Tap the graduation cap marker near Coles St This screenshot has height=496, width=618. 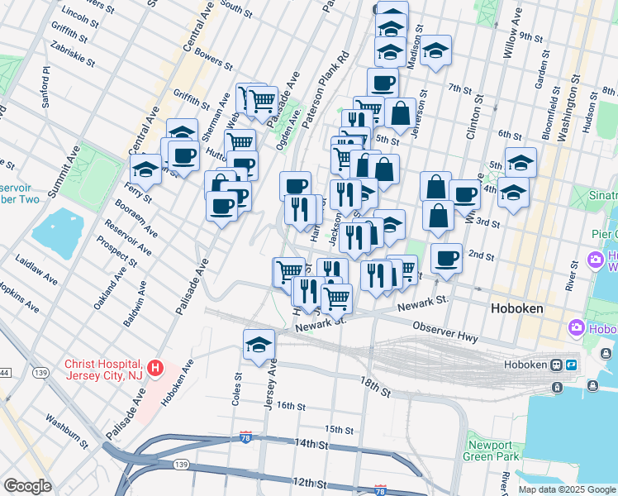coord(259,345)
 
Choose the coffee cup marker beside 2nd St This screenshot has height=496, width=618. coord(446,257)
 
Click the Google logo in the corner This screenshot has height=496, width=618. coord(27,485)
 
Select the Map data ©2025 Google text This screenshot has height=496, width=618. coord(567,489)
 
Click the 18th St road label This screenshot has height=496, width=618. coord(373,382)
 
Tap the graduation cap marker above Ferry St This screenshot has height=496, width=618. coord(146,170)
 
